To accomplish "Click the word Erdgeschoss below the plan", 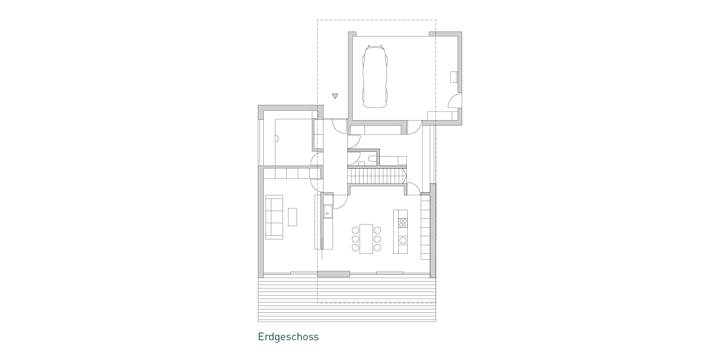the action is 288,337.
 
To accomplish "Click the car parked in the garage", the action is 375,76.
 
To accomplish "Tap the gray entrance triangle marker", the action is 335,96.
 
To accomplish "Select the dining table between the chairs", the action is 366,239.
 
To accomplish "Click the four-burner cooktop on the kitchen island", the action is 403,222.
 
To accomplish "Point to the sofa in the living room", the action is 274,217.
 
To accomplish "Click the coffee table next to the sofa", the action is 292,217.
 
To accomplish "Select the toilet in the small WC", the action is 373,159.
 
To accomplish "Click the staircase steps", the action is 376,176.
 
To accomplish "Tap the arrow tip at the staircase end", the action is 407,176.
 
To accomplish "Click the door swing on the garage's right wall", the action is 455,100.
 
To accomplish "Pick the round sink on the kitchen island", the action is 403,240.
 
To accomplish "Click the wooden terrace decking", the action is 347,300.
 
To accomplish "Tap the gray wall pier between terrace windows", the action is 333,274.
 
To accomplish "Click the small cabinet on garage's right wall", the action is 454,77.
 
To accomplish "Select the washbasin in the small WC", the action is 361,164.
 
